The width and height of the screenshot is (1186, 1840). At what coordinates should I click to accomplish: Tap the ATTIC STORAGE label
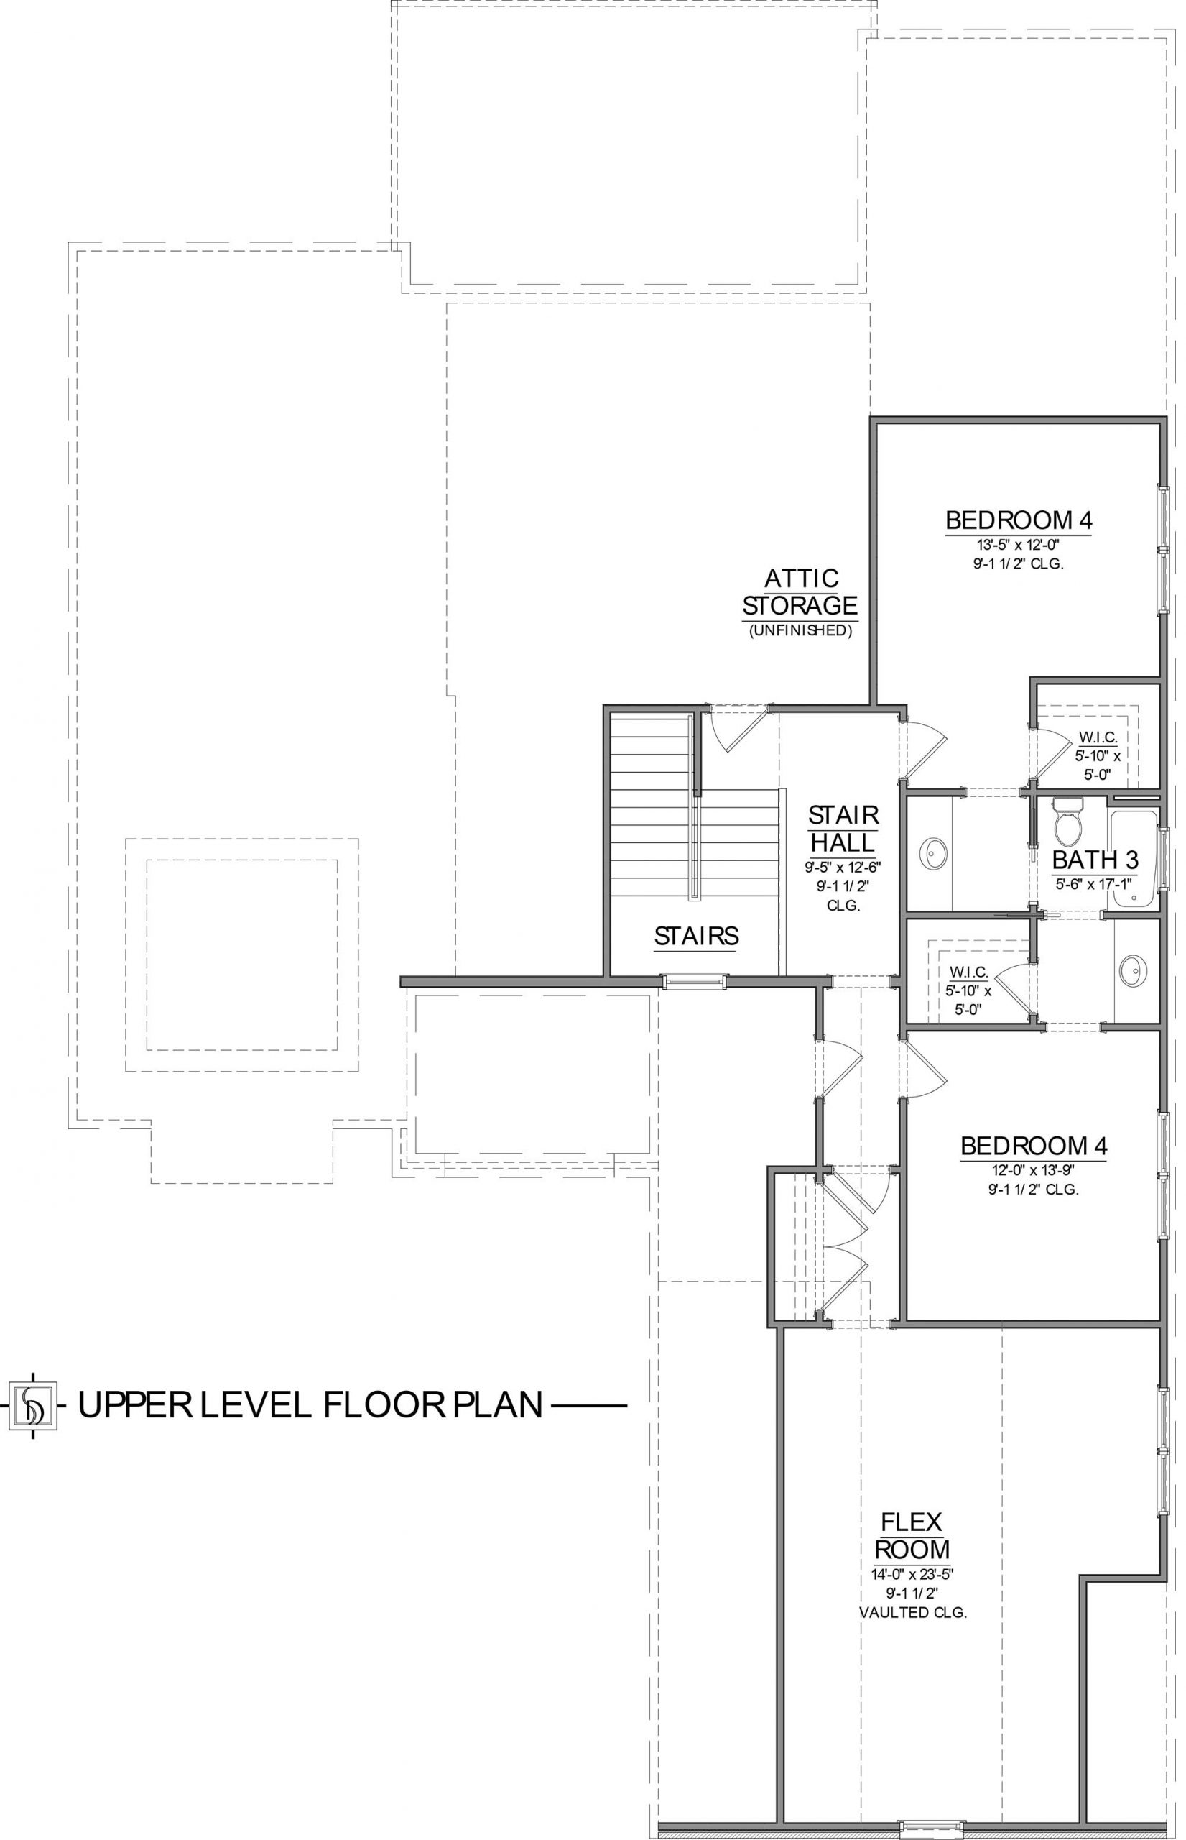click(x=801, y=592)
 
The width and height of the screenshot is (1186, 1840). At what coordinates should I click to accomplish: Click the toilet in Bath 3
click(x=1067, y=822)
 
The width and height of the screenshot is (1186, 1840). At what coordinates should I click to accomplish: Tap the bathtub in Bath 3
click(x=1134, y=858)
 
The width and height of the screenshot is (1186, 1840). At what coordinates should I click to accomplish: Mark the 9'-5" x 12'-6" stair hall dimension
click(x=843, y=867)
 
